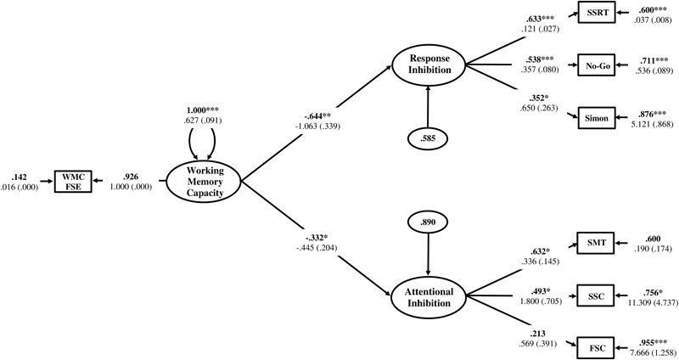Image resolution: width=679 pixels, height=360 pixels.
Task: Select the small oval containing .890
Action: [428, 222]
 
